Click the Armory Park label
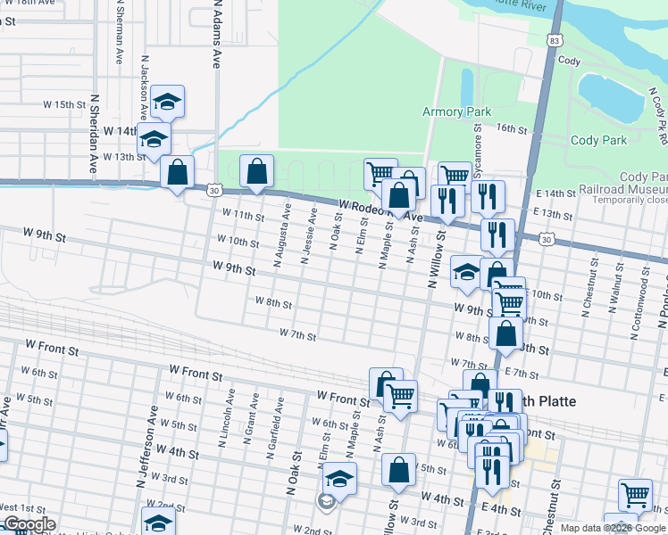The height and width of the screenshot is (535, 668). (x=456, y=112)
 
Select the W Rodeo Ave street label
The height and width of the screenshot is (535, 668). (x=380, y=210)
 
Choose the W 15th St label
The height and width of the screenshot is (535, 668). (x=63, y=104)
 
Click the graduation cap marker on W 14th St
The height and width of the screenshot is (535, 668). (x=154, y=140)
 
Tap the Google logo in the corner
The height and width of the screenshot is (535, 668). (x=29, y=524)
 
